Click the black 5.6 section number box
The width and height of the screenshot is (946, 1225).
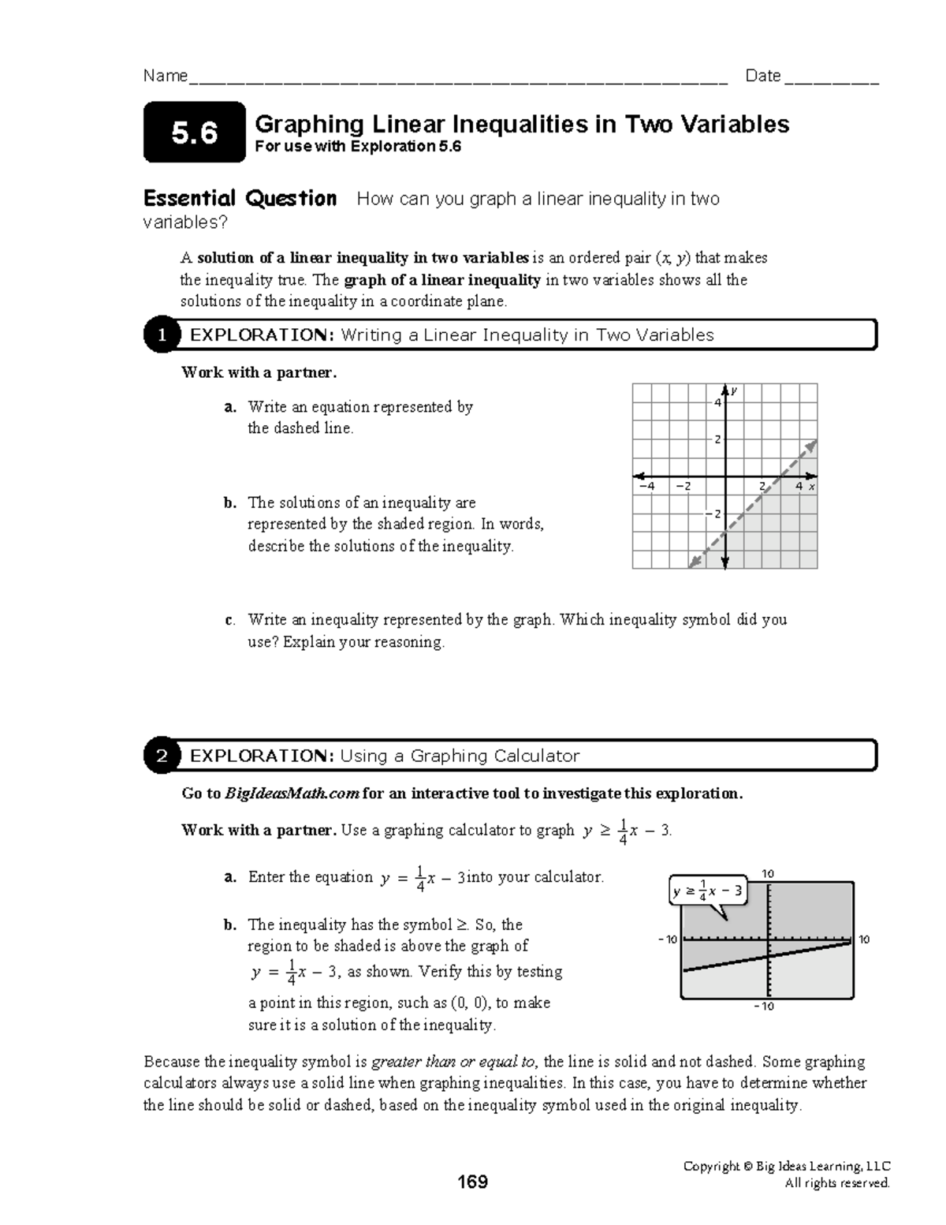pyautogui.click(x=195, y=133)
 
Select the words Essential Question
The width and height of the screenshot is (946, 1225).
pyautogui.click(x=240, y=198)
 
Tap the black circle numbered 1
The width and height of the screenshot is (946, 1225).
pyautogui.click(x=161, y=335)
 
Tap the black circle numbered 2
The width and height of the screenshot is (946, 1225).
pyautogui.click(x=161, y=756)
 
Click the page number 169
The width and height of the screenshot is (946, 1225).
pyautogui.click(x=473, y=1182)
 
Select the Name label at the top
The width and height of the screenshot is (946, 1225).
pyautogui.click(x=166, y=76)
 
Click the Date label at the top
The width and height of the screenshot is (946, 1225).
pyautogui.click(x=762, y=76)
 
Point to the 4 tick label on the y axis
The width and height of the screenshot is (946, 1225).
pyautogui.click(x=717, y=403)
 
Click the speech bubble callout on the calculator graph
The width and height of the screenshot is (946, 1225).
pyautogui.click(x=707, y=892)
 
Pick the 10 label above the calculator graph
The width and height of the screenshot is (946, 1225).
pyautogui.click(x=768, y=873)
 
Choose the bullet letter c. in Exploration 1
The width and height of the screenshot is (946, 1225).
pyautogui.click(x=229, y=620)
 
